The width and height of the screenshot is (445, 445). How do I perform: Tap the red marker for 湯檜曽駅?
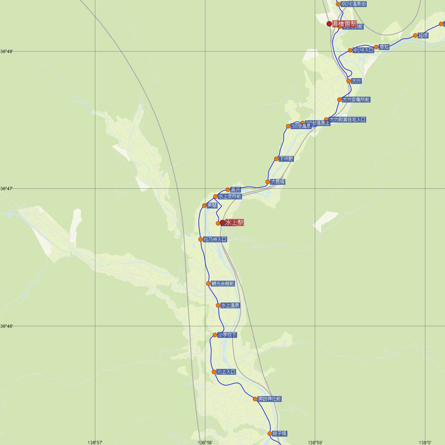329,24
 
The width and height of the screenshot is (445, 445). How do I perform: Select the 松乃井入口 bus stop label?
215,240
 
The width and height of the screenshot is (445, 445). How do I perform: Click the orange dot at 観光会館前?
208,284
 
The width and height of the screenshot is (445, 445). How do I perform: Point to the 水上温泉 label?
230,306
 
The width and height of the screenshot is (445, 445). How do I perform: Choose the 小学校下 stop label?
227,335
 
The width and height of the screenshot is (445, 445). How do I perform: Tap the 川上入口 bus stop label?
226,372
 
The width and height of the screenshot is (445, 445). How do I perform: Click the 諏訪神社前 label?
270,399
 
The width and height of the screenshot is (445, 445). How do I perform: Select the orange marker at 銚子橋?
270,434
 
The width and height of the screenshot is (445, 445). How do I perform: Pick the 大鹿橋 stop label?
278,182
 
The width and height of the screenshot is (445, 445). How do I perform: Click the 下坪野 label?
286,159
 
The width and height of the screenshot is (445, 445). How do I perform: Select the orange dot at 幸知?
376,47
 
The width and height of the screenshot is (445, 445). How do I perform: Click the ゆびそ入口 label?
363,50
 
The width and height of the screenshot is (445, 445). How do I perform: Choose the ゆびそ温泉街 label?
354,4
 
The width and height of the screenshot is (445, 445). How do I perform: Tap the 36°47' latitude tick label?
7,189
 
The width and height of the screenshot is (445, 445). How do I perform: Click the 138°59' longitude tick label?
315,442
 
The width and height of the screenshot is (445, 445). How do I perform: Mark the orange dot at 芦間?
204,205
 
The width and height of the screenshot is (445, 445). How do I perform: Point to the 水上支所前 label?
230,197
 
